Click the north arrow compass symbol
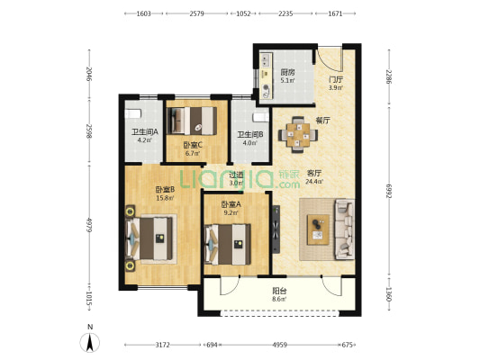point(90,342)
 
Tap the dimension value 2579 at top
point(196,13)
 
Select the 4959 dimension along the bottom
point(279,345)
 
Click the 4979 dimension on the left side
point(89,225)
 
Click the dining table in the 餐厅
point(298,135)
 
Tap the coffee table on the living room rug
point(318,229)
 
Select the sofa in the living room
point(344,229)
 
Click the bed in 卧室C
point(192,121)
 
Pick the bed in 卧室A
point(228,245)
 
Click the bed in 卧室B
point(151,238)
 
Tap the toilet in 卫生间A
point(133,114)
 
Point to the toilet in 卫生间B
point(261,118)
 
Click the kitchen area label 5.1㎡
point(288,81)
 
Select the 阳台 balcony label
point(279,291)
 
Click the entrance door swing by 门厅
point(330,60)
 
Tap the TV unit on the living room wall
point(276,229)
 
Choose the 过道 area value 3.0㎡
point(236,184)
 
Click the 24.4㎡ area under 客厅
point(314,182)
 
